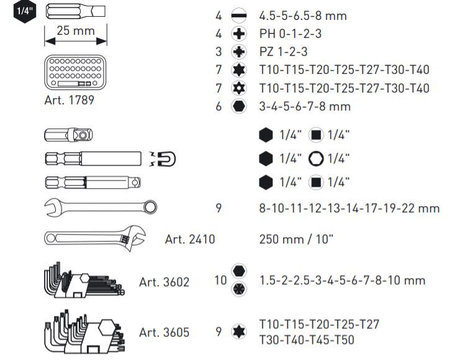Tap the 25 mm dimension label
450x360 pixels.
[x=74, y=30]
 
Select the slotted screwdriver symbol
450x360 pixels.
[x=238, y=15]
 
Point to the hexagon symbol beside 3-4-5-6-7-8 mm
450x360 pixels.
[x=238, y=106]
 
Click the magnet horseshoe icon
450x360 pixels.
[x=165, y=159]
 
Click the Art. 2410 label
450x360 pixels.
[x=189, y=238]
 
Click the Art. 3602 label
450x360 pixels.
[x=164, y=281]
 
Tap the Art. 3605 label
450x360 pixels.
[x=164, y=332]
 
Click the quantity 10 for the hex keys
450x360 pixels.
[x=220, y=281]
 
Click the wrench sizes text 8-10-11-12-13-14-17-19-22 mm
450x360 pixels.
[x=349, y=209]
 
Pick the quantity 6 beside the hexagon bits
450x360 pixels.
[x=218, y=106]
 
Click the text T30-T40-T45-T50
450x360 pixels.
[x=307, y=340]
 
